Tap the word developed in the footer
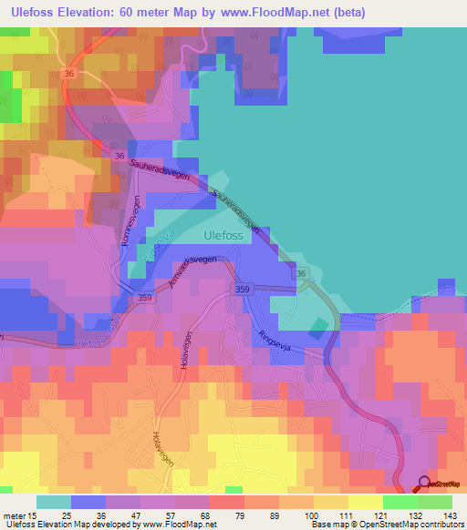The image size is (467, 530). (x=109, y=525)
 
